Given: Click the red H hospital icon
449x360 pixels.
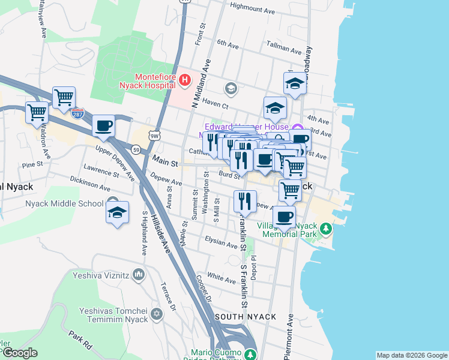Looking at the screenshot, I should [185, 79].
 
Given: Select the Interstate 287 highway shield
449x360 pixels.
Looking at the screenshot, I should [77, 113].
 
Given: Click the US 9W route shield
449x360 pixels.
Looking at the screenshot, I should [155, 136].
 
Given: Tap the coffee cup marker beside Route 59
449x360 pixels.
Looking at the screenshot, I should [104, 125].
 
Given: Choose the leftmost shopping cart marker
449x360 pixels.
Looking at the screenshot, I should [37, 112].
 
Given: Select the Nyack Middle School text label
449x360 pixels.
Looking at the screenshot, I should [64, 203].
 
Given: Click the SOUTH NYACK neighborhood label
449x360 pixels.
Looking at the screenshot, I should [245, 316].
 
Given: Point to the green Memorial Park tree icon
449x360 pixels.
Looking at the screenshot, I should [325, 229].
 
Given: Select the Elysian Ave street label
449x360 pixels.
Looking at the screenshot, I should [221, 244].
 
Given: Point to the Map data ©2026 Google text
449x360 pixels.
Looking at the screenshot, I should [411, 355].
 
